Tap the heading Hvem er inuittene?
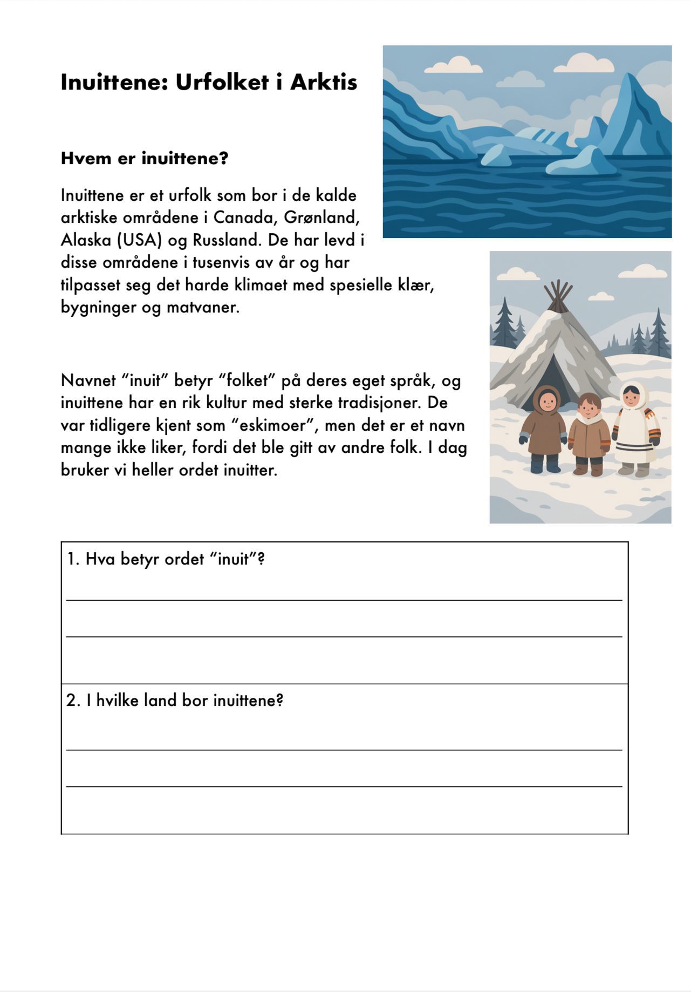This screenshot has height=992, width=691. pos(145,159)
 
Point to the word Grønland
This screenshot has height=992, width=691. pos(321,218)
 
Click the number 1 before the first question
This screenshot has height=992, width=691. pos(71,559)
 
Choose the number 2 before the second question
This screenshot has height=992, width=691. pos(71,701)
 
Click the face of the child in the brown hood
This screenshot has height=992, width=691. pos(548,402)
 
